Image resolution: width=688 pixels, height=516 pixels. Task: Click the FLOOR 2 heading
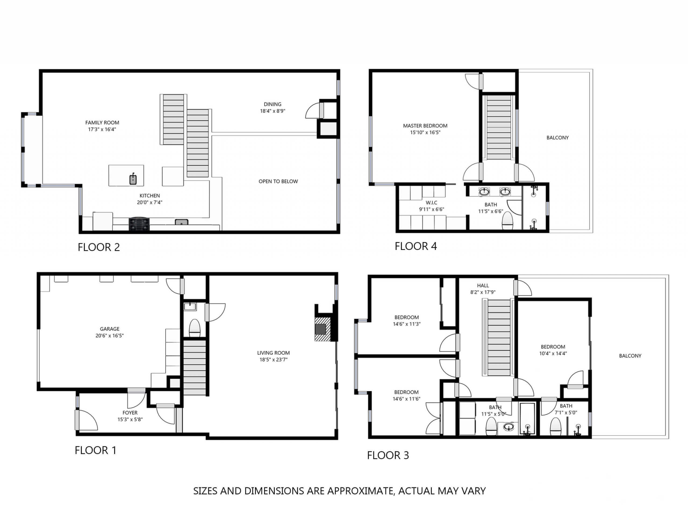[99, 247]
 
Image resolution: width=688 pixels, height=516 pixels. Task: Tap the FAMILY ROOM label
[102, 123]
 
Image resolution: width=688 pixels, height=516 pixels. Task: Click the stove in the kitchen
[139, 224]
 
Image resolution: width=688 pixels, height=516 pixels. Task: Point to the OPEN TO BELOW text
[278, 181]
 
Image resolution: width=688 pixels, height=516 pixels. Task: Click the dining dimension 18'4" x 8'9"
[273, 111]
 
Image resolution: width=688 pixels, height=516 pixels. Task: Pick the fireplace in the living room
[322, 329]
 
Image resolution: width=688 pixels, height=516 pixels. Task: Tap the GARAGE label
[109, 329]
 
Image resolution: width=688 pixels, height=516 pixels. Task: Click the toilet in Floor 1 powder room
[195, 328]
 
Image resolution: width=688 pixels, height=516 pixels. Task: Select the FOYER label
[130, 413]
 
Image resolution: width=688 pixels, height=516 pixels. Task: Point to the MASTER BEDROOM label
[425, 126]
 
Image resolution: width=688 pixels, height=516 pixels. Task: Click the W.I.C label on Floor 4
[431, 202]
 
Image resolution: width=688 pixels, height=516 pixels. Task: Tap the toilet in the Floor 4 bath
[507, 221]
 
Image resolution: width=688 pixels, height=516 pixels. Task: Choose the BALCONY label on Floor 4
[557, 138]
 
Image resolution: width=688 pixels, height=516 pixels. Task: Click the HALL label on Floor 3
[483, 285]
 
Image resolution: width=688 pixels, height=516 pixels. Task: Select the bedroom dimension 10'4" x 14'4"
[553, 353]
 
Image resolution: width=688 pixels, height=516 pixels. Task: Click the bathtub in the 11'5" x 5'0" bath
[527, 419]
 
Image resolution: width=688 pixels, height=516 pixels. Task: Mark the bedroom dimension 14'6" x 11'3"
[407, 324]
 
